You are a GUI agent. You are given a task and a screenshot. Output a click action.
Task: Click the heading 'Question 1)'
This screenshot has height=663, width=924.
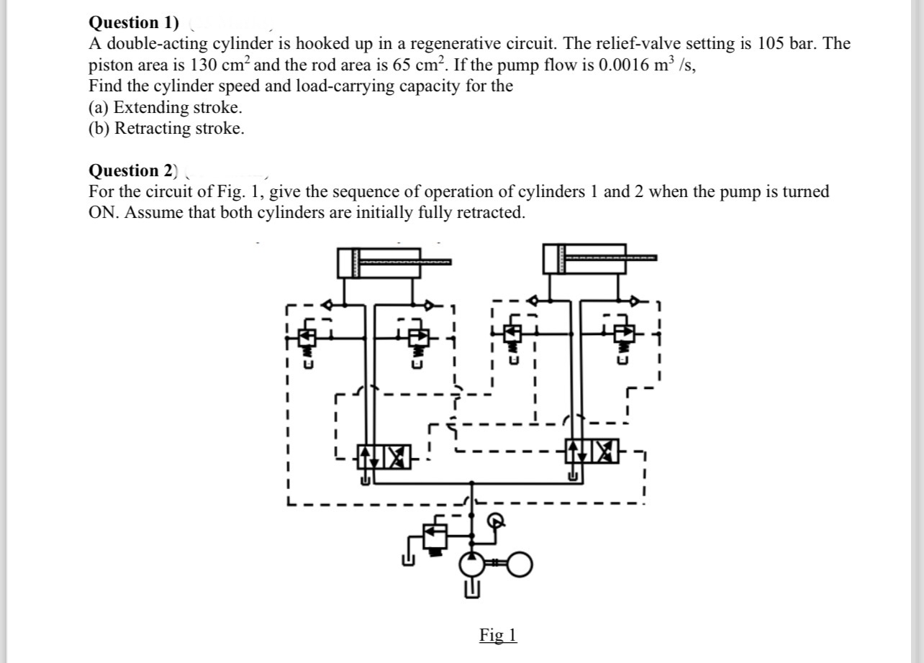click(x=134, y=22)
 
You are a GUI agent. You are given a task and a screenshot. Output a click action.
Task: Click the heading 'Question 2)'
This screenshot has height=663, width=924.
click(x=132, y=170)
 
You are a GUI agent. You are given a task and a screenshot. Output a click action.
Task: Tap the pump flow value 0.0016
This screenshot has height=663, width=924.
click(x=628, y=65)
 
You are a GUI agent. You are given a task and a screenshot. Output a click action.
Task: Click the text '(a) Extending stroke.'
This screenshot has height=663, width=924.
click(x=166, y=108)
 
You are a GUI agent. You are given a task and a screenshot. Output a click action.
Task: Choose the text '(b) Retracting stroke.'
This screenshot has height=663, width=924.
click(x=166, y=129)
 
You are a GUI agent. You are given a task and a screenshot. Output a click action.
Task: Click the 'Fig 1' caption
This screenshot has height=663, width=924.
click(x=498, y=635)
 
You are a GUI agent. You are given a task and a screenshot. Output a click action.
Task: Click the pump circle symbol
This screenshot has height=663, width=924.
click(x=471, y=566)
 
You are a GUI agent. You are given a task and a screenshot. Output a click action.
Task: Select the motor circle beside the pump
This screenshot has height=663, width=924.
click(x=521, y=566)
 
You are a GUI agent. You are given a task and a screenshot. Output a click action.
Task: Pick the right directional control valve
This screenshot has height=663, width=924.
click(x=592, y=450)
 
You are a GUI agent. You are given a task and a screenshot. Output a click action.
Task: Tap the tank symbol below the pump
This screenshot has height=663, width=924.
click(x=471, y=591)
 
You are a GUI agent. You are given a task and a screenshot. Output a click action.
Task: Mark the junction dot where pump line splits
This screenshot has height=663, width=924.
click(x=471, y=483)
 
